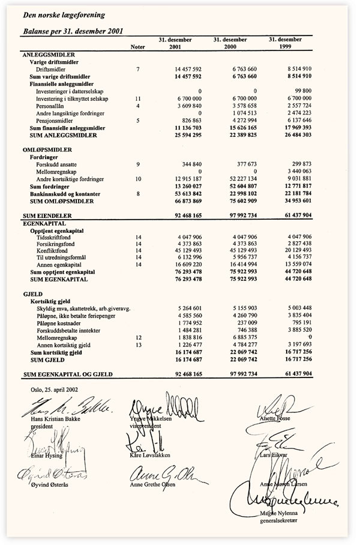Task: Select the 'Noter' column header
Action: (137, 47)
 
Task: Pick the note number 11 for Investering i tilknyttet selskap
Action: (137, 98)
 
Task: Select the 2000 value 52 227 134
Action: (240, 179)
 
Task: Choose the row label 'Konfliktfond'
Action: (52, 251)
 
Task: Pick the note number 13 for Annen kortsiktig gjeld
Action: (137, 345)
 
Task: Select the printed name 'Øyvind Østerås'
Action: (44, 485)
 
